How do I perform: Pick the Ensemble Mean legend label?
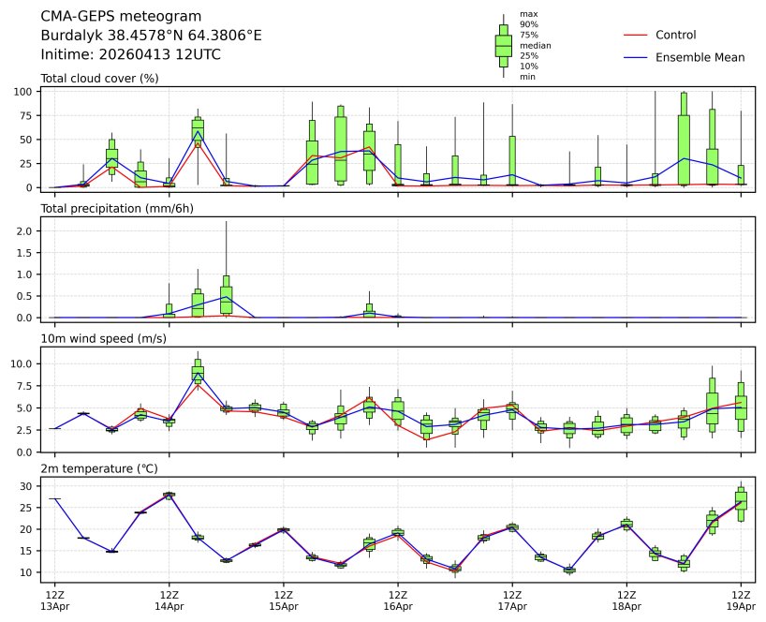pyautogui.click(x=700, y=57)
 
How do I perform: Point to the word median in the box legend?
pyautogui.click(x=535, y=45)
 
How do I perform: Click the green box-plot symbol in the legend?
pyautogui.click(x=504, y=45)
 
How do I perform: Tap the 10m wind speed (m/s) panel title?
pyautogui.click(x=104, y=338)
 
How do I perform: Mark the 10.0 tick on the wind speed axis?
pyautogui.click(x=24, y=363)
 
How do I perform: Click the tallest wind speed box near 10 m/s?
pyautogui.click(x=198, y=371)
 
